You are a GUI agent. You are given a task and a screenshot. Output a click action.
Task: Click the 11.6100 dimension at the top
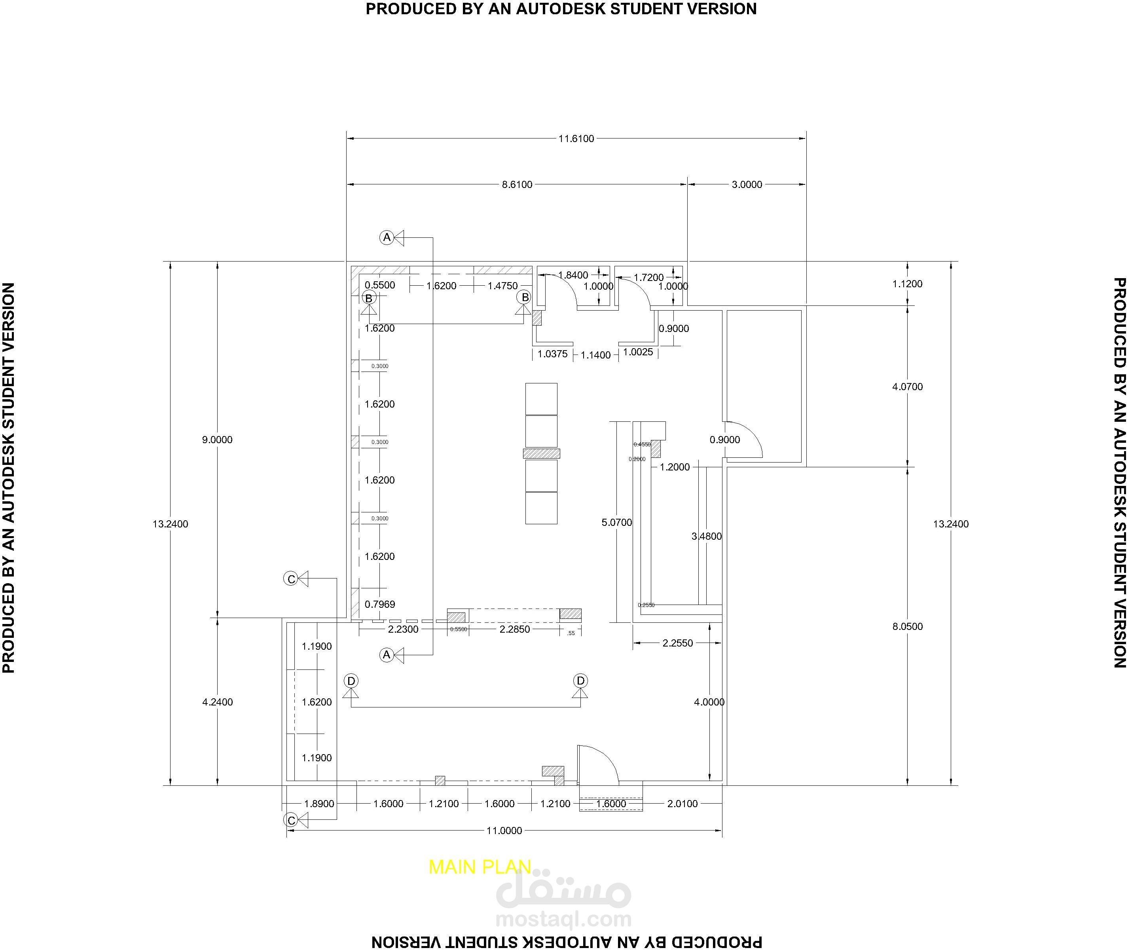click(576, 138)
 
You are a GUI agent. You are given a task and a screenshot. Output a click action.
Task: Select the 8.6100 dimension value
click(517, 185)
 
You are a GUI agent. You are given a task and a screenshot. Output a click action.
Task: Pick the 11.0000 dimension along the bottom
click(504, 831)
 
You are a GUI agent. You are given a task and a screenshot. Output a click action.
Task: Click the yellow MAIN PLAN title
click(480, 867)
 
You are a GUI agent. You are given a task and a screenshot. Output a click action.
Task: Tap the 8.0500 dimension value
click(907, 626)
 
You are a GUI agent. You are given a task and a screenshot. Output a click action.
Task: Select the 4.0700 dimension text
click(907, 387)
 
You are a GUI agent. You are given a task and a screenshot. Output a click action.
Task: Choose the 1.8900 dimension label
click(319, 804)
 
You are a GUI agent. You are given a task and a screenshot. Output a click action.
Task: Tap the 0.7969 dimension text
click(379, 604)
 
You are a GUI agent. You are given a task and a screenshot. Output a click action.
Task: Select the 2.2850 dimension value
click(514, 629)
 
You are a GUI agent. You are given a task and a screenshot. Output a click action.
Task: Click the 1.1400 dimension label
click(595, 355)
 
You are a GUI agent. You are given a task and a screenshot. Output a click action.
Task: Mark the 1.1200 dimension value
click(907, 284)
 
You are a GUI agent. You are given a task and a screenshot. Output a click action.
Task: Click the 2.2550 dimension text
click(677, 643)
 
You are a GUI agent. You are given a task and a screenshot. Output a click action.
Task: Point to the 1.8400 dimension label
click(573, 275)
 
